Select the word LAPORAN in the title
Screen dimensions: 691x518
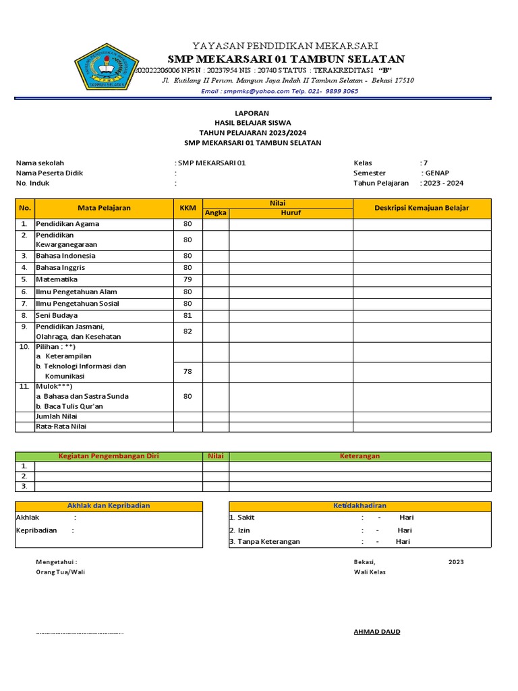coord(253,113)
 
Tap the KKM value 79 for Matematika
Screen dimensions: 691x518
coord(188,279)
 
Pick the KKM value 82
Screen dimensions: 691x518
coord(188,331)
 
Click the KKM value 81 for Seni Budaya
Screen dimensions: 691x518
coord(188,315)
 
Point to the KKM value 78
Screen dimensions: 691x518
coord(188,371)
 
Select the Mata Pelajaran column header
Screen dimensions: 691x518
coord(104,208)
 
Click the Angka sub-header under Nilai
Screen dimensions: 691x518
coord(216,213)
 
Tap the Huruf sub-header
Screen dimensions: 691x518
coord(291,213)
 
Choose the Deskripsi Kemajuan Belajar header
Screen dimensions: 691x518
coord(422,208)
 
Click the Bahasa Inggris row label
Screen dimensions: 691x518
coord(61,268)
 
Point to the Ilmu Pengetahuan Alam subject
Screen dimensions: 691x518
coord(76,292)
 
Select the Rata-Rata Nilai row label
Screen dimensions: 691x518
coord(61,426)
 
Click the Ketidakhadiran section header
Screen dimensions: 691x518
coord(360,505)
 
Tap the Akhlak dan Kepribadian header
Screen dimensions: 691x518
coord(109,505)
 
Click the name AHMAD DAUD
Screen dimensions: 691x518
coord(377,632)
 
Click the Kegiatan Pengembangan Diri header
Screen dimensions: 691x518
coord(109,456)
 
